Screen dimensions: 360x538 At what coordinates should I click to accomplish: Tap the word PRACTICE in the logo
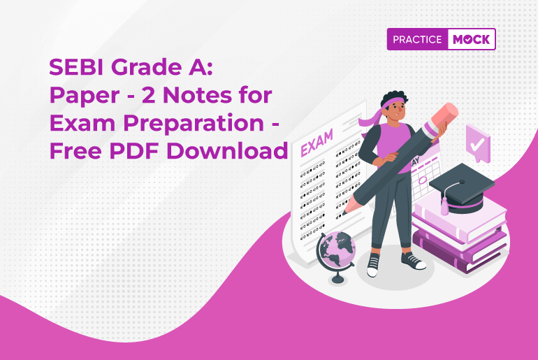(x=416, y=40)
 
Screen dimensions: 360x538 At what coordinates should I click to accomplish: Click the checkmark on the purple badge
(x=477, y=144)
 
